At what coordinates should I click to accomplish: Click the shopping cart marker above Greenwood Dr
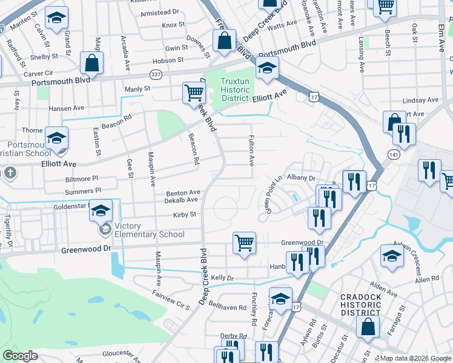click(244, 243)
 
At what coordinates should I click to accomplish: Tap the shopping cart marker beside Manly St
click(194, 93)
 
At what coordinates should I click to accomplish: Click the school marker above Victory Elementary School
click(101, 210)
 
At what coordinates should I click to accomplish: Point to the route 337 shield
click(156, 74)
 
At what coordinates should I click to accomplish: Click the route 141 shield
click(395, 155)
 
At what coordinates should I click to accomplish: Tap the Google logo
click(20, 356)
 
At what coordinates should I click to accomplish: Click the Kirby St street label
click(185, 214)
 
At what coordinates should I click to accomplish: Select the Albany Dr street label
click(302, 178)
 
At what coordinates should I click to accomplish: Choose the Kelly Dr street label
click(222, 278)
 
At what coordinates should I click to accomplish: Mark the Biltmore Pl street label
click(81, 179)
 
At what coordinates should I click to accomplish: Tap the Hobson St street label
click(168, 60)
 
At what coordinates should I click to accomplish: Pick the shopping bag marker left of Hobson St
click(91, 62)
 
